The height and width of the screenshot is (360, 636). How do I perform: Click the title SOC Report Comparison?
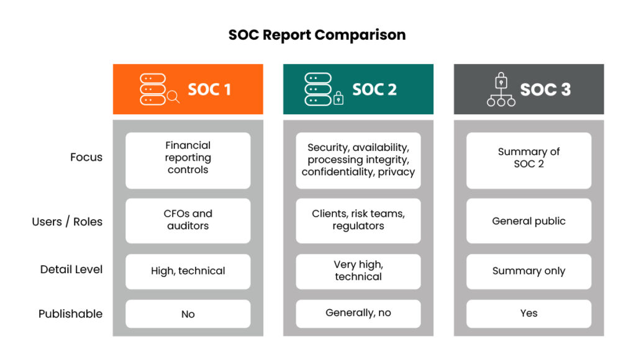[x=317, y=35]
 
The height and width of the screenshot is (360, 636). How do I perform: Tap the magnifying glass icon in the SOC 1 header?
[x=173, y=97]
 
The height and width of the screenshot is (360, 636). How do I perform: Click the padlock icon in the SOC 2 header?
[x=338, y=98]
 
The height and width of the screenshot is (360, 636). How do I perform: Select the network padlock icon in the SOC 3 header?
[x=501, y=89]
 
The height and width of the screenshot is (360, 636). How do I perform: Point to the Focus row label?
[x=86, y=157]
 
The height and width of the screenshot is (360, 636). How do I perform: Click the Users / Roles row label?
[x=67, y=222]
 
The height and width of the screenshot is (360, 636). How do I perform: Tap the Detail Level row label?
[x=71, y=269]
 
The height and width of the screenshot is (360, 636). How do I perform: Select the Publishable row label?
[x=71, y=314]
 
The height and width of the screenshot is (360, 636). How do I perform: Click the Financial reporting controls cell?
[x=188, y=161]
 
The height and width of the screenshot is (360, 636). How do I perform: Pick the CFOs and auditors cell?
[x=188, y=220]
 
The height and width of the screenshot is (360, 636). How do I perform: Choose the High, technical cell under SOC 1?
[x=188, y=271]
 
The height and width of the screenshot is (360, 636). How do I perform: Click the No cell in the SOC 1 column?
[x=188, y=314]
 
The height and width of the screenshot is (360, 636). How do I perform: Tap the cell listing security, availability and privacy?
[x=358, y=161]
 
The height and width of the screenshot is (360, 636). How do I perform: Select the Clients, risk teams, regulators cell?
[x=358, y=220]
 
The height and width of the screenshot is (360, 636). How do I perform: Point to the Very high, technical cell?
[x=358, y=271]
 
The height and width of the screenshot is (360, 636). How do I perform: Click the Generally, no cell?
[x=358, y=314]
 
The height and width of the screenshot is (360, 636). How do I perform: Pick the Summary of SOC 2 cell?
[x=529, y=161]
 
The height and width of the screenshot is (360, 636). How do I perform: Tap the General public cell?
[x=529, y=220]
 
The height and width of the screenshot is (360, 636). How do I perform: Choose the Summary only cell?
[x=529, y=271]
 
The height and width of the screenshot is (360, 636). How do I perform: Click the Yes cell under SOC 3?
[x=529, y=314]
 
